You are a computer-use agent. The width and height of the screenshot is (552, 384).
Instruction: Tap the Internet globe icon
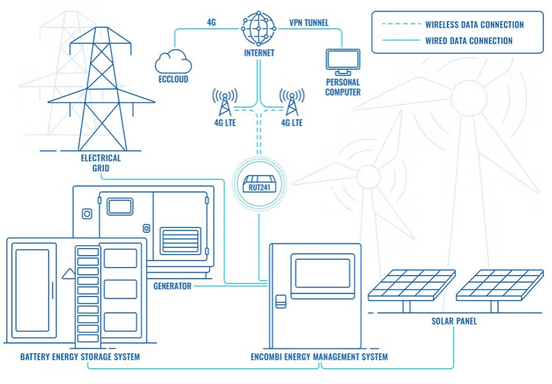(259, 28)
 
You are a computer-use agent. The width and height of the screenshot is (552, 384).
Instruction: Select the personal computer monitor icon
(343, 62)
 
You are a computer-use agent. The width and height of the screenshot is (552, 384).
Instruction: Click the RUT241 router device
(259, 184)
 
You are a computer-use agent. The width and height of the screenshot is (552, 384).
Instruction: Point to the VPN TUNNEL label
(309, 23)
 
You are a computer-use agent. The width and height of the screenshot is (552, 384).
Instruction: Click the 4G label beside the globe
(211, 22)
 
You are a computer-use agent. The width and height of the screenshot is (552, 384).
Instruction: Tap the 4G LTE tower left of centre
(225, 102)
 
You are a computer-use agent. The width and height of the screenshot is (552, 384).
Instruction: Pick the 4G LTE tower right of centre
(292, 102)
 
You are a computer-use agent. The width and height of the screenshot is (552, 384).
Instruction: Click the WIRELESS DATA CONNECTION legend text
(474, 25)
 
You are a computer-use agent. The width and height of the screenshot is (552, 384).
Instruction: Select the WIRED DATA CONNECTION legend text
(469, 41)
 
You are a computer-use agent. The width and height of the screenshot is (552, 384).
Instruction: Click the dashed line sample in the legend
(402, 24)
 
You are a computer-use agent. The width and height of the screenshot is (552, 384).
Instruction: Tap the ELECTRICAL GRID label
(101, 163)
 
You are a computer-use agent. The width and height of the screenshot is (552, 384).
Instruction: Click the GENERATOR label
(172, 286)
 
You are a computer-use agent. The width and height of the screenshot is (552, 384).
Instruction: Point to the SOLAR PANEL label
(454, 321)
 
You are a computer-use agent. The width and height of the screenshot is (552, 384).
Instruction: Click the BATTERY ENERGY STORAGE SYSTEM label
(80, 357)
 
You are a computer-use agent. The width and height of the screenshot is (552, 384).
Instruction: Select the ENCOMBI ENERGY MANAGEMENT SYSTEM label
(319, 357)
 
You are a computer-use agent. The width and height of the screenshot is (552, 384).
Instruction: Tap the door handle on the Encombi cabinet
(281, 302)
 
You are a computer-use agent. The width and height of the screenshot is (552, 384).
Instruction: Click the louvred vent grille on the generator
(181, 241)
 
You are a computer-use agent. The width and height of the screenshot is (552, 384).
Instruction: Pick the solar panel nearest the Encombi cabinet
(411, 285)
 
